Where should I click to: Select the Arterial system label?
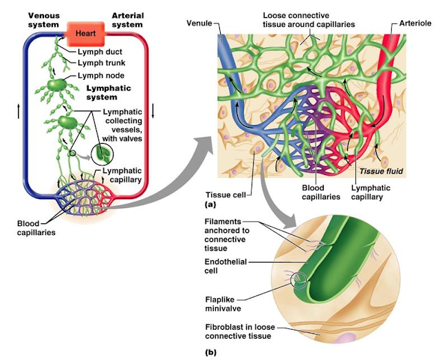(127, 20)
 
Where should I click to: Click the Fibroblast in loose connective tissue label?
(233, 332)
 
